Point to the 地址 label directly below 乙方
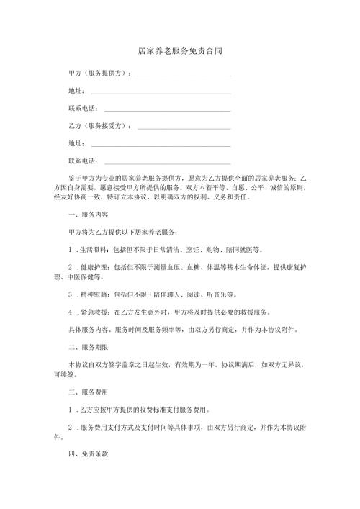point(75,144)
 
